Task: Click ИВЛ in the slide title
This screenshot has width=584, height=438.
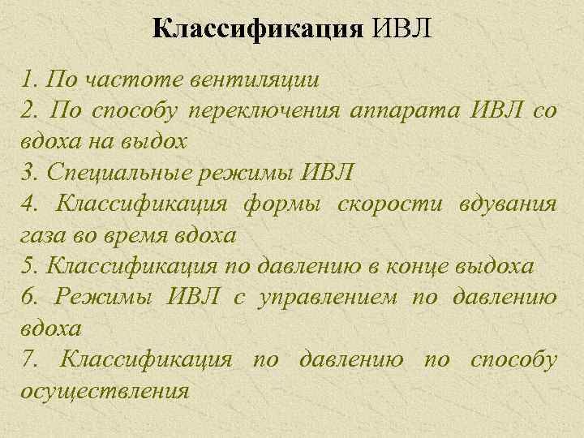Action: [403, 30]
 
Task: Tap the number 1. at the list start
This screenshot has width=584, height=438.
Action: [31, 79]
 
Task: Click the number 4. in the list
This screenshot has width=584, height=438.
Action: [32, 204]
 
